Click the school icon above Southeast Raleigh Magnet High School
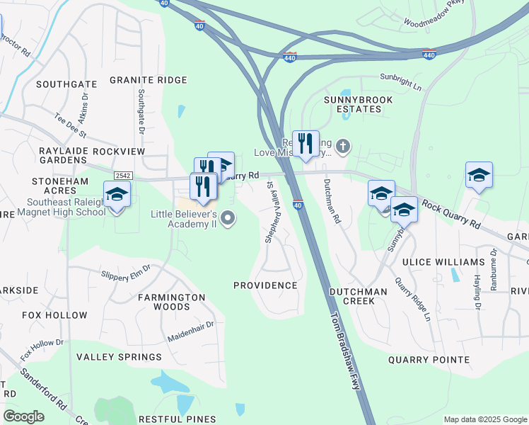117,193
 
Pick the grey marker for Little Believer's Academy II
228,218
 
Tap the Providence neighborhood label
265,285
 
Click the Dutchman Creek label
358,296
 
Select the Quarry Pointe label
429,360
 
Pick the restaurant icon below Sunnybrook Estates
306,142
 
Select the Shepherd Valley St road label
269,212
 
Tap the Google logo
23,416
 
